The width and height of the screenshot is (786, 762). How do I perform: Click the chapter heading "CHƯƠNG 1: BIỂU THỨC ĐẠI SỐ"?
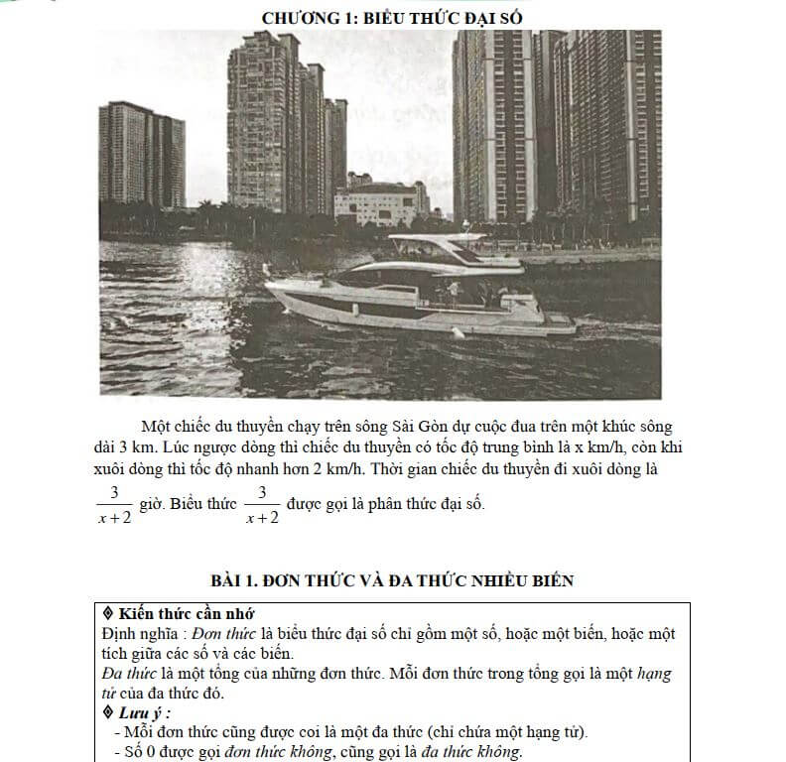[394, 17]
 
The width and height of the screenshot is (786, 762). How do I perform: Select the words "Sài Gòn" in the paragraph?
[406, 427]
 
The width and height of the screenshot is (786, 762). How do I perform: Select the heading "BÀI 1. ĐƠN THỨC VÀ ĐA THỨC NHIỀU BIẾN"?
[392, 580]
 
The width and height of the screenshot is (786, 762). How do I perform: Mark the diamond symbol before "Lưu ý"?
[109, 712]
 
